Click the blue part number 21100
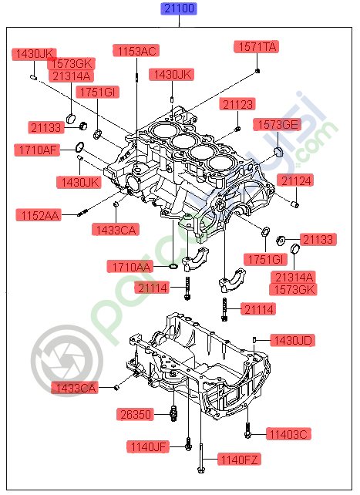click(179, 9)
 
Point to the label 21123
click(238, 104)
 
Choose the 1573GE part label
click(277, 124)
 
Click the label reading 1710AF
click(36, 150)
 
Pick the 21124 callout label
click(296, 181)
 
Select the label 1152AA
click(39, 214)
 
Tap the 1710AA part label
click(130, 267)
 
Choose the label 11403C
click(288, 434)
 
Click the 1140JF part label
click(149, 446)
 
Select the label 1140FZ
click(240, 460)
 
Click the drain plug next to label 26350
click(174, 415)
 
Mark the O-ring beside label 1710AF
click(79, 147)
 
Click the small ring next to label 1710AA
click(173, 267)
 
